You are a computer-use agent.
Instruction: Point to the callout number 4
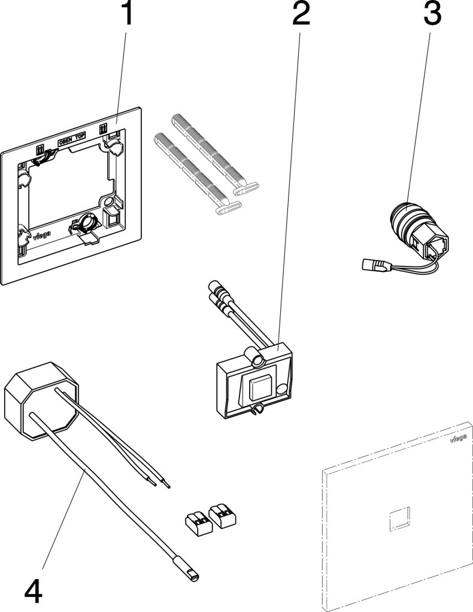pos(33,591)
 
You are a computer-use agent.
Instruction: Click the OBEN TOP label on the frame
pos(72,139)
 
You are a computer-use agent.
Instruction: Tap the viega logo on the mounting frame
pos(41,236)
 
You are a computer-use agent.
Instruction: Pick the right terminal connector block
pos(222,516)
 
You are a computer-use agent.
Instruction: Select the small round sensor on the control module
pos(281,388)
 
